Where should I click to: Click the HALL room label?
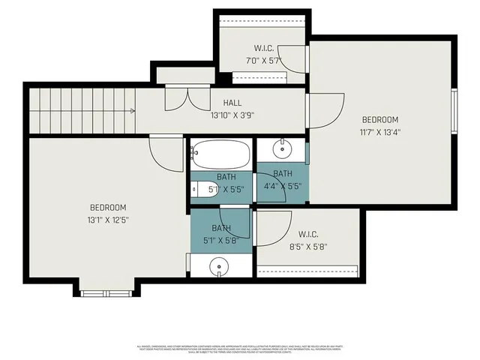click(232, 103)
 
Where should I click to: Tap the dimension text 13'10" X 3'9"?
click(232, 115)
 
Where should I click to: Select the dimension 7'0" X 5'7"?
click(263, 61)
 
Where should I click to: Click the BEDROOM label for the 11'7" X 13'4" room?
click(380, 119)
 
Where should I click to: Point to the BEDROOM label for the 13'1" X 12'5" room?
click(108, 208)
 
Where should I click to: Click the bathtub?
click(218, 155)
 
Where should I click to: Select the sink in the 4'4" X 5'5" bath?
click(283, 149)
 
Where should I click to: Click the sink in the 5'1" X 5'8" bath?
click(218, 265)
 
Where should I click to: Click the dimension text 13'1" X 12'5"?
click(108, 220)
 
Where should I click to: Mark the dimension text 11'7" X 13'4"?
click(380, 133)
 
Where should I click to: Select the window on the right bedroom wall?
click(454, 112)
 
